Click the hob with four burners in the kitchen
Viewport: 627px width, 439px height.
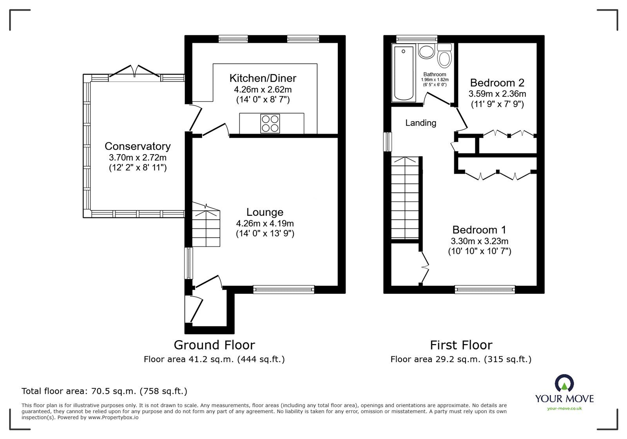(x=270, y=123)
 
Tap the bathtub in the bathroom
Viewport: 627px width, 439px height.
(x=404, y=73)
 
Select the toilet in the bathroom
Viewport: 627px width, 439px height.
(x=444, y=56)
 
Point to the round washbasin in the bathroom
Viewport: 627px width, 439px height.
(x=425, y=51)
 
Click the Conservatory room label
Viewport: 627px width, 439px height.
(x=138, y=146)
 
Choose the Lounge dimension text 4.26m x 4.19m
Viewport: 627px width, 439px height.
(x=265, y=224)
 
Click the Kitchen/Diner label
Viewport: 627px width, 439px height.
(x=263, y=78)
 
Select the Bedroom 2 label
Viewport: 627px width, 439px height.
(x=497, y=83)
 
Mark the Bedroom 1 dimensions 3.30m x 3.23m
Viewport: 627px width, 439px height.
(x=480, y=241)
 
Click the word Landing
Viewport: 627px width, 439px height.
(x=420, y=123)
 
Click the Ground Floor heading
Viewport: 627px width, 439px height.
(x=214, y=345)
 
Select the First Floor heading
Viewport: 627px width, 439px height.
(x=461, y=345)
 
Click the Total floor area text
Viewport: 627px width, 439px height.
(x=104, y=391)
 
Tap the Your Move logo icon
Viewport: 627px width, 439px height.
(x=564, y=383)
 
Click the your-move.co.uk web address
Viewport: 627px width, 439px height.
(x=564, y=408)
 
